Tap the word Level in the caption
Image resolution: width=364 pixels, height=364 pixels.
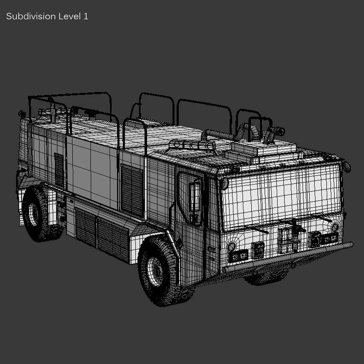(69, 17)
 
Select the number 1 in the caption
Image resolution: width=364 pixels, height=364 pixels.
(86, 17)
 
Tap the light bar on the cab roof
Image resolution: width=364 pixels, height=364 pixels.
(193, 145)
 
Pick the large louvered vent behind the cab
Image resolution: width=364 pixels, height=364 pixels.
(132, 190)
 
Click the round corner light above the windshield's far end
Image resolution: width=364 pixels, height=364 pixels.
(346, 166)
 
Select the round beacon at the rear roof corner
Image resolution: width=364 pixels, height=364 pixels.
(22, 114)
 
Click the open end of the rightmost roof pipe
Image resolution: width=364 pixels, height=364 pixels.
(280, 131)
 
